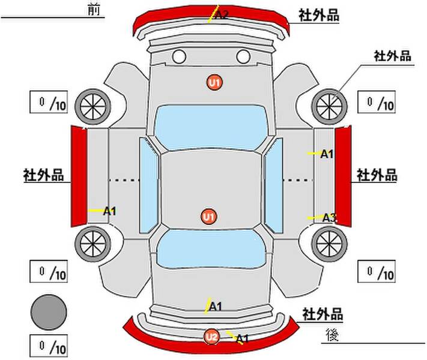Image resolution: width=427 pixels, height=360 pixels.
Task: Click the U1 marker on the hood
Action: coord(214,82)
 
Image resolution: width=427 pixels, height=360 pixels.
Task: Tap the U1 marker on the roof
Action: coord(209,217)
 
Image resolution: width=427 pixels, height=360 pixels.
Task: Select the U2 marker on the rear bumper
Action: coord(211,337)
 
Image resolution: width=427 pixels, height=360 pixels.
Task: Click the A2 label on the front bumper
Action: coord(222,14)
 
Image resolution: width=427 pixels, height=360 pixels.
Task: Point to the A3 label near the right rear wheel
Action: coord(330,217)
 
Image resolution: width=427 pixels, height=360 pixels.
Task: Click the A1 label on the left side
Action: coord(110,211)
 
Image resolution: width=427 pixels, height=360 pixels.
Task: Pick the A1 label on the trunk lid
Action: coord(216,307)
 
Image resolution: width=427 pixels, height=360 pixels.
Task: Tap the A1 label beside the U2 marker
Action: coord(243,339)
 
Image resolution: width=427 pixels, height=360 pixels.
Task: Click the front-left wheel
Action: coord(93,106)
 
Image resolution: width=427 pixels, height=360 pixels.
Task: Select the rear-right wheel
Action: coord(329,244)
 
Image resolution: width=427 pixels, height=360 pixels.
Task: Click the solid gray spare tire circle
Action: coord(49,312)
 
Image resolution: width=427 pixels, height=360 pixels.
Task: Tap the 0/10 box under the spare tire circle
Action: coord(49,346)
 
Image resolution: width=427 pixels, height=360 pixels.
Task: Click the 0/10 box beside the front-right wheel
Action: coord(377,102)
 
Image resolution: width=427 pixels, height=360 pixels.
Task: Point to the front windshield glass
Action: coord(211,127)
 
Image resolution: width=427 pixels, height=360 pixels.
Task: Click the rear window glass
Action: coord(211,248)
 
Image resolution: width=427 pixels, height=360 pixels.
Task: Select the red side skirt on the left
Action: coord(79,176)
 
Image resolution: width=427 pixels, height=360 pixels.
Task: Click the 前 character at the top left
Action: coord(94,10)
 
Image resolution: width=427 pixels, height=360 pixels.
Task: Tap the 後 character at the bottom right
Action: coord(332,335)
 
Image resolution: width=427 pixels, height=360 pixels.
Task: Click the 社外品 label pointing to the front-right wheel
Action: coord(392,56)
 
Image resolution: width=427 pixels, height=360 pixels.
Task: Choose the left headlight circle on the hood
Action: coord(179,56)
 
